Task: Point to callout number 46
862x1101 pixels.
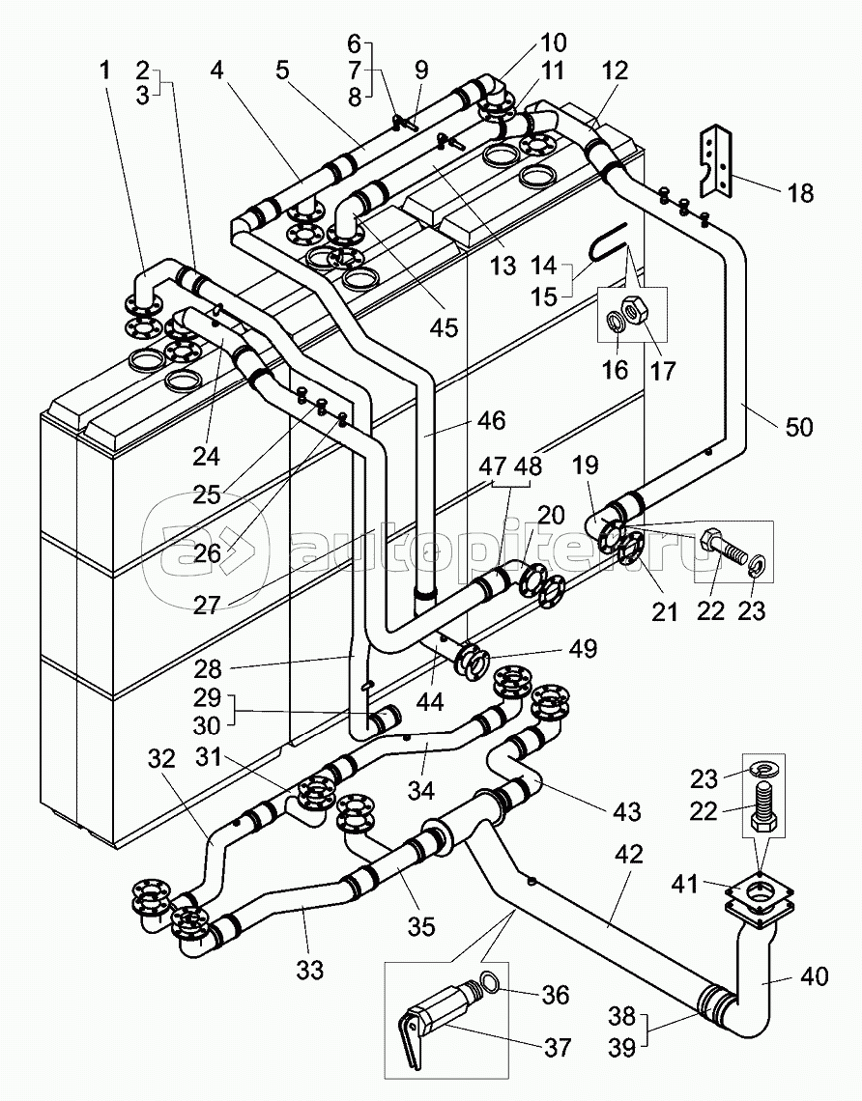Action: tap(490, 420)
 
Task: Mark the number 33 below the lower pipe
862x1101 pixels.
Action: tap(309, 970)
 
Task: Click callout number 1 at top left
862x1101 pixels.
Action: tap(104, 71)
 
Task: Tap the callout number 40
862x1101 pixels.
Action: tap(815, 976)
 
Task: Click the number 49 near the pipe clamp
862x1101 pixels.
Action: tap(583, 648)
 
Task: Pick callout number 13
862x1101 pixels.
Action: tap(503, 266)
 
